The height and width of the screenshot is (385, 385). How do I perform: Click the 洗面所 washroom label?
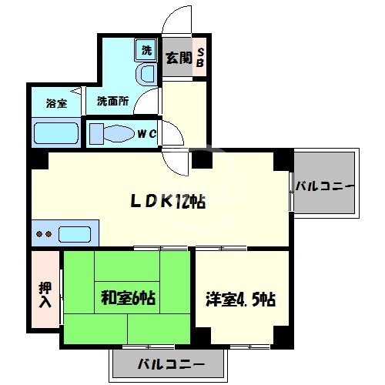click(x=112, y=101)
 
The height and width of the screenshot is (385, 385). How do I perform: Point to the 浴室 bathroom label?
click(x=55, y=102)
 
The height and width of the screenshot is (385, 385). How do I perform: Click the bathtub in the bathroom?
click(x=55, y=133)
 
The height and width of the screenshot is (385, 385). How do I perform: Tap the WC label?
click(x=147, y=134)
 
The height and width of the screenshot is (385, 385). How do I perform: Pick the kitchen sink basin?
click(x=75, y=233)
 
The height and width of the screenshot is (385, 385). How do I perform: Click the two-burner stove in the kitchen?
click(x=44, y=233)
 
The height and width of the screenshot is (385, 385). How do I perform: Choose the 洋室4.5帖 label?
click(x=241, y=298)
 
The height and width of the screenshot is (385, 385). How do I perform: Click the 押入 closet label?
click(x=45, y=293)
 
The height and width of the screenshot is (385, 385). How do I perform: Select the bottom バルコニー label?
click(x=171, y=363)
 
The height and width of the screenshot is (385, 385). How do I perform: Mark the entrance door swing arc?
click(x=176, y=19)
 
